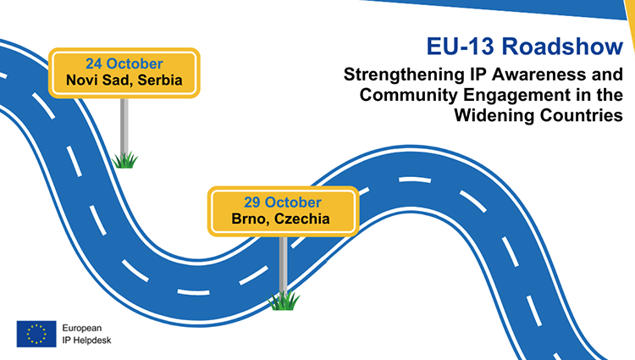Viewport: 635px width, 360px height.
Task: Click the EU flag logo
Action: tap(36, 334)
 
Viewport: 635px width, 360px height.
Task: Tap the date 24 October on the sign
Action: tap(124, 64)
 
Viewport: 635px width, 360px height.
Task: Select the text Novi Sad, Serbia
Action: tap(124, 80)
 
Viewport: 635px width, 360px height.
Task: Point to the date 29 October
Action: tap(283, 202)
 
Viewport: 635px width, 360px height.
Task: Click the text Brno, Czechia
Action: tap(280, 219)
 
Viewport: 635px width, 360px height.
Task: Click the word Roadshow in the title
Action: tap(562, 46)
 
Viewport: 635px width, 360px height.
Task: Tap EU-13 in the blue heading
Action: tap(460, 46)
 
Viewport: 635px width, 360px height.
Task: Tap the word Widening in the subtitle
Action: tap(494, 116)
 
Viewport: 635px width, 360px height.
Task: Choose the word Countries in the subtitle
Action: tap(582, 115)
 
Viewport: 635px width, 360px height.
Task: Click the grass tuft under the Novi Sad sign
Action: tap(124, 160)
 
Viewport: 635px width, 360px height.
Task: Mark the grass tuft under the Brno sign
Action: tap(284, 301)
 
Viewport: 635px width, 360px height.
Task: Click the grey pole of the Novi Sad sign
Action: tap(124, 125)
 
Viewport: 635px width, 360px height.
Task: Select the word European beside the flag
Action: tap(82, 329)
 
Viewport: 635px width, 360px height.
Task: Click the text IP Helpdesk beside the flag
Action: tap(86, 341)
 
